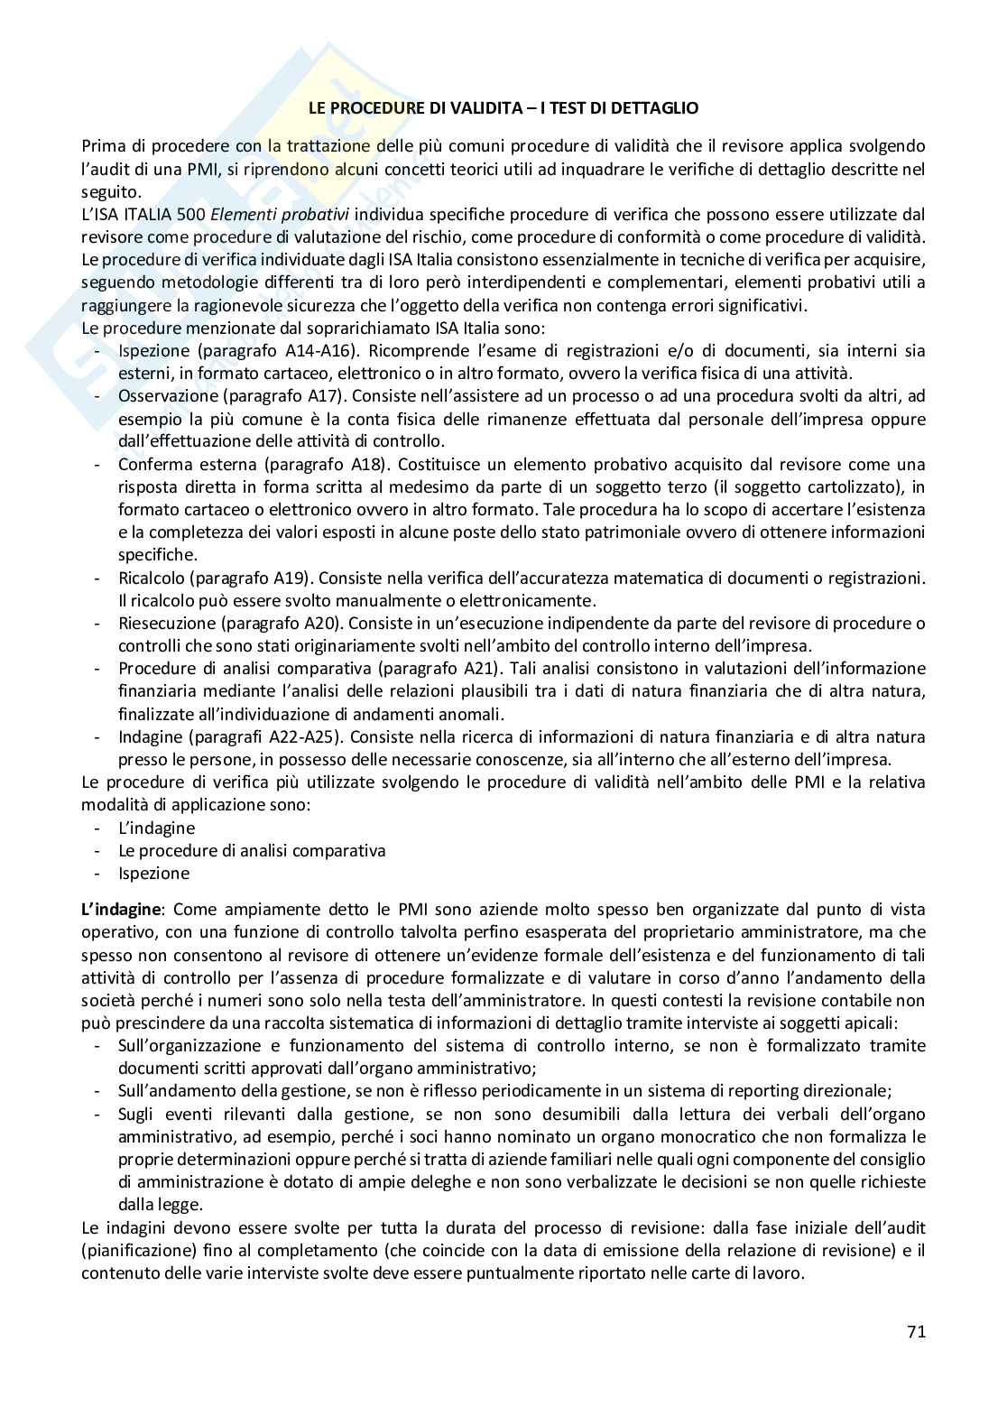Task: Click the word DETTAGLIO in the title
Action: (x=651, y=107)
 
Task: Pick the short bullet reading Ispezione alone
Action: (x=153, y=873)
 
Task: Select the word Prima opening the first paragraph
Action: (x=101, y=146)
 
